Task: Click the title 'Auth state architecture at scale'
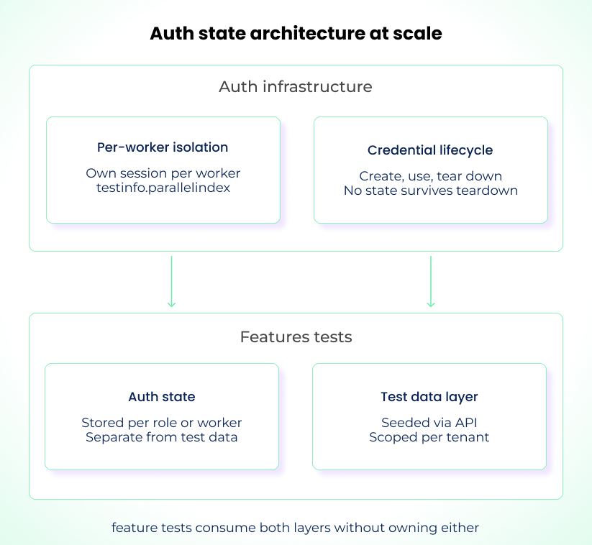[296, 34]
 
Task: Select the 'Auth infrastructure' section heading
[296, 87]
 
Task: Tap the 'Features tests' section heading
[296, 336]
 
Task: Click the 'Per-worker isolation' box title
[163, 147]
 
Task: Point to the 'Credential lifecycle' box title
[430, 150]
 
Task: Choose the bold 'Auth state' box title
[162, 397]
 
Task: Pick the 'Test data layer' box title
[429, 397]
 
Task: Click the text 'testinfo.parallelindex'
[163, 188]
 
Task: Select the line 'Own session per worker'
[163, 173]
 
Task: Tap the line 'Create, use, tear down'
[430, 176]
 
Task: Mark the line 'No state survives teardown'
[430, 191]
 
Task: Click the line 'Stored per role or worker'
[162, 423]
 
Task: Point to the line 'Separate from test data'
[162, 437]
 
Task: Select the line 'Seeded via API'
[429, 423]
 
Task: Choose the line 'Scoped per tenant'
[429, 437]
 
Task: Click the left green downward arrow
[171, 281]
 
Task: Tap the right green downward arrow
[431, 281]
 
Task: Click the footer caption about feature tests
[295, 528]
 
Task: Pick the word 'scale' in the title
[417, 34]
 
